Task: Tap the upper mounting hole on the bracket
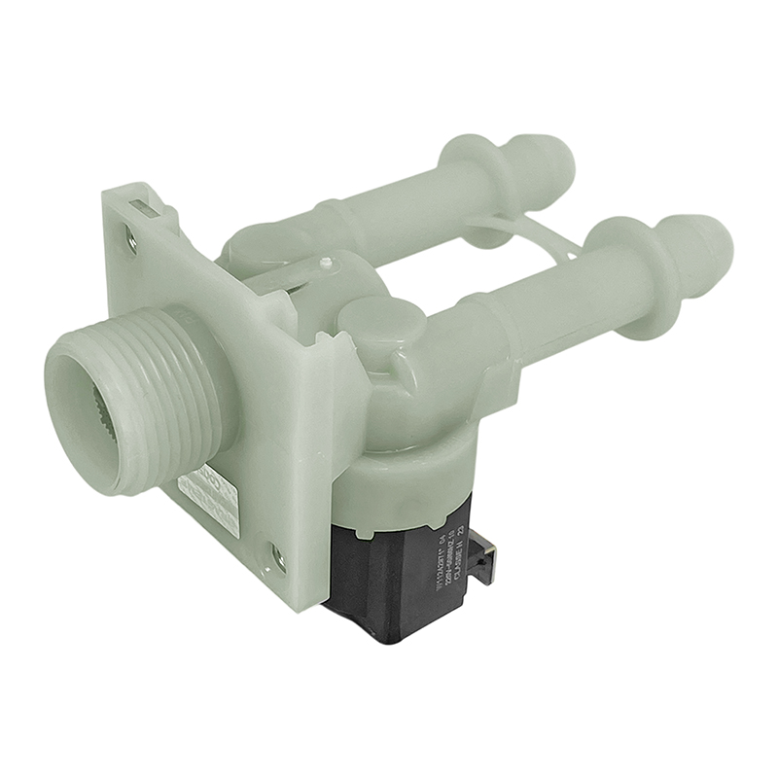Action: pyautogui.click(x=131, y=236)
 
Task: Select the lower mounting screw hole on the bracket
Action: pyautogui.click(x=277, y=556)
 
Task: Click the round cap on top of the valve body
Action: pyautogui.click(x=381, y=321)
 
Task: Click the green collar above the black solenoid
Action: pyautogui.click(x=399, y=477)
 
